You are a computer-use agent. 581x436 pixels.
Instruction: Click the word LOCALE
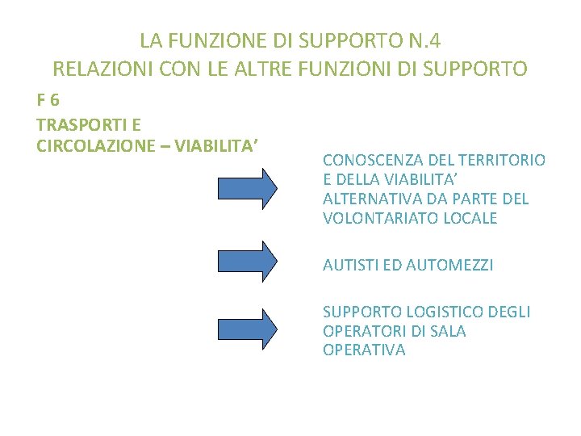475,218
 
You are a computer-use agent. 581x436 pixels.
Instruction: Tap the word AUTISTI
349,265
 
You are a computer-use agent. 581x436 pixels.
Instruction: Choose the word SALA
449,331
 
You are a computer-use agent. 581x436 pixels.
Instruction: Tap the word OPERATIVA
364,350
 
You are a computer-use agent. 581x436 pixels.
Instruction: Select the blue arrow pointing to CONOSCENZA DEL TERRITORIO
248,188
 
